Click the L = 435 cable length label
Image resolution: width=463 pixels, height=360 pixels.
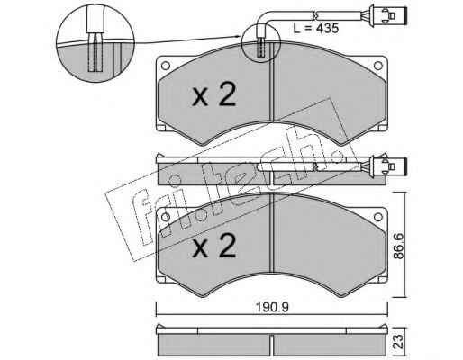pyautogui.click(x=316, y=29)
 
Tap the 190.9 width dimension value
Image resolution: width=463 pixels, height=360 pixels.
pyautogui.click(x=272, y=307)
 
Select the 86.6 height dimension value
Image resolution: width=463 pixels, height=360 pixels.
pyautogui.click(x=399, y=245)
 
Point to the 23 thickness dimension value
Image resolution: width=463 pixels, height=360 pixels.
pyautogui.click(x=399, y=341)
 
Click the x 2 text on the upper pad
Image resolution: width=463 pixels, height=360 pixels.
pyautogui.click(x=214, y=95)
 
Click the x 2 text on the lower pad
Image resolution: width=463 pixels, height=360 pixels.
pyautogui.click(x=214, y=246)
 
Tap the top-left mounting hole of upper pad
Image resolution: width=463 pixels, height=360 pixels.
pyautogui.click(x=166, y=66)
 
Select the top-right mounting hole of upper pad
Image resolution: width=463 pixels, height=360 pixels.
pyautogui.click(x=377, y=66)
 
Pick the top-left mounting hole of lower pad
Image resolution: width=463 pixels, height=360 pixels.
pyautogui.click(x=166, y=217)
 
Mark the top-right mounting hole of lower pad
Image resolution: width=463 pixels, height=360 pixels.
pyautogui.click(x=377, y=217)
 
